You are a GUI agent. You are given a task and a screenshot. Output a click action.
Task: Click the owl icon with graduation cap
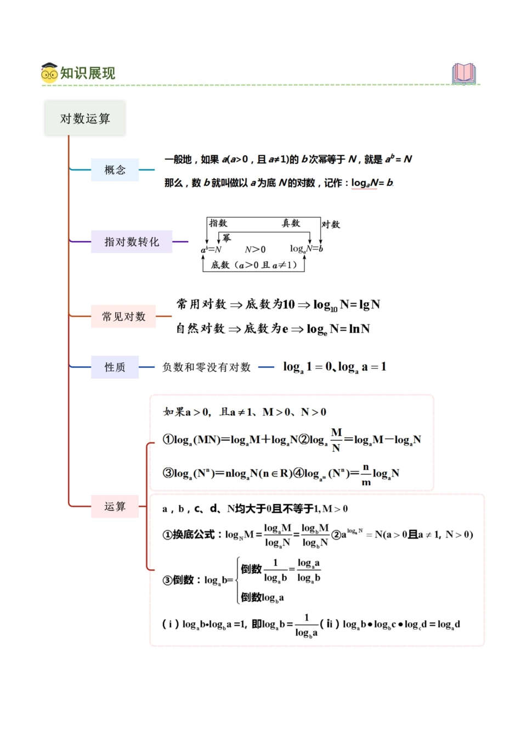[49, 73]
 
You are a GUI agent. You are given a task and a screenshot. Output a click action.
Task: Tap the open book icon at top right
[464, 73]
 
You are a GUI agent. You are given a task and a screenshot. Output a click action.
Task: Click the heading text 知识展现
[88, 73]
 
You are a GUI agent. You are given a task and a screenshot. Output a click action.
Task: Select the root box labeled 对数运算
[85, 118]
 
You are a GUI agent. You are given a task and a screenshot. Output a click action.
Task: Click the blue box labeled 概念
[115, 170]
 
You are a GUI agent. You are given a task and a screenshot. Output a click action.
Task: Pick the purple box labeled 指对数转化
[132, 242]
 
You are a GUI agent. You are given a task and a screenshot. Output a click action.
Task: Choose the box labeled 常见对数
[123, 316]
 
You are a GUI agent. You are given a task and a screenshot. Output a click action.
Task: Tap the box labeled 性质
[115, 367]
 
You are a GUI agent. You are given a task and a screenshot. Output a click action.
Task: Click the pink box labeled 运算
[115, 506]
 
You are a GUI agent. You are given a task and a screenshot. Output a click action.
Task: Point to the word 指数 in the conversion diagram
[218, 223]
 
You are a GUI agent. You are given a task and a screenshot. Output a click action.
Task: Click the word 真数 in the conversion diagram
[291, 223]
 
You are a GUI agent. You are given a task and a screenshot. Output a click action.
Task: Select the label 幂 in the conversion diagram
[226, 237]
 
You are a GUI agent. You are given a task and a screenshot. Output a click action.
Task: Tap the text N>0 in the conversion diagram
[255, 250]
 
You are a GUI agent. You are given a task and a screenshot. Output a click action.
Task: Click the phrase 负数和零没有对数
[206, 367]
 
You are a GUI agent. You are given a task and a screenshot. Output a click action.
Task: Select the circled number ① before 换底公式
[167, 535]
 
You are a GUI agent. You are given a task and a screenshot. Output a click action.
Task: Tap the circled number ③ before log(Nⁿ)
[168, 473]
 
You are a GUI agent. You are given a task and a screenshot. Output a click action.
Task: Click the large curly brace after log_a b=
[238, 580]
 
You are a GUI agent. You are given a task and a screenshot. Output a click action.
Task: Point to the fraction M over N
[336, 440]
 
